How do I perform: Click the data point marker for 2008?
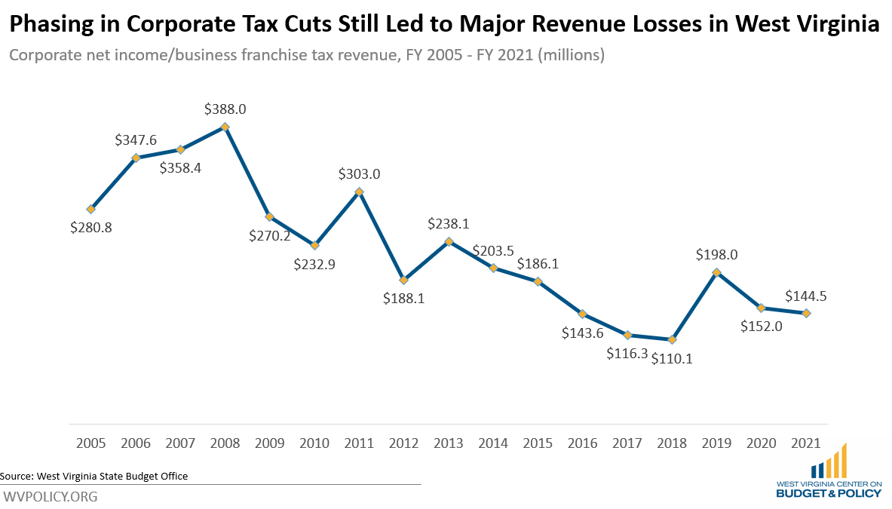click(225, 127)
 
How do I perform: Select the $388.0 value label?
click(225, 109)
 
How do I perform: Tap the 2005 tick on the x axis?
click(91, 443)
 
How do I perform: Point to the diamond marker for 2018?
click(672, 339)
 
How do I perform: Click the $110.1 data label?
click(672, 360)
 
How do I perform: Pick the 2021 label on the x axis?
click(806, 443)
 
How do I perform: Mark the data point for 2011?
click(360, 192)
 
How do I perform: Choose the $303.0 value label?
click(360, 174)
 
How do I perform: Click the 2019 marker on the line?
click(717, 272)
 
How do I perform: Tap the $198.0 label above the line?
click(717, 255)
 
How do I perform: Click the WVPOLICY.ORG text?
click(51, 497)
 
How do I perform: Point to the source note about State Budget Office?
click(94, 476)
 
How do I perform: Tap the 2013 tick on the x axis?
click(449, 443)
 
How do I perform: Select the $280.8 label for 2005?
click(91, 228)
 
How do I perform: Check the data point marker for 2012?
click(404, 280)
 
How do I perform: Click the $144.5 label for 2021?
click(806, 296)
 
